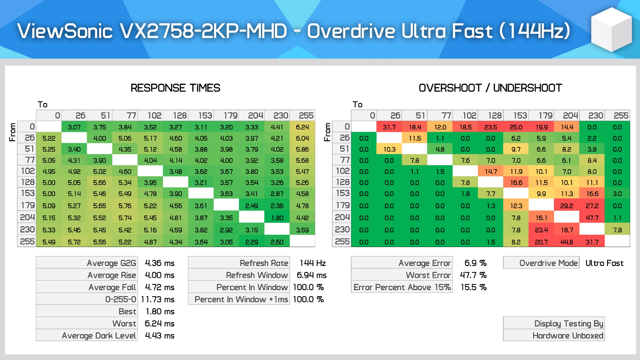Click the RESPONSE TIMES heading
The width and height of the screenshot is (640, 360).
click(x=175, y=88)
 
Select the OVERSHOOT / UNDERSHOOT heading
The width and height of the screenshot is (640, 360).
click(x=490, y=88)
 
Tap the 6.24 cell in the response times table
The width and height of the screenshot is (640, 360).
click(x=302, y=127)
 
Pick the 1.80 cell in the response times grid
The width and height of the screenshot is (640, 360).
click(x=277, y=218)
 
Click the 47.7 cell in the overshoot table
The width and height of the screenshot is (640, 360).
click(x=592, y=218)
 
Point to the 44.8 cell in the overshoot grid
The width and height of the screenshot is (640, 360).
click(x=566, y=242)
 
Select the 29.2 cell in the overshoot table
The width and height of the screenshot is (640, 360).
click(x=566, y=206)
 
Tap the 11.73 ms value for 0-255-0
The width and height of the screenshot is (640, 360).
click(x=159, y=300)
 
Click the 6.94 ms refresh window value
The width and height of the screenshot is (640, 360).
click(x=311, y=275)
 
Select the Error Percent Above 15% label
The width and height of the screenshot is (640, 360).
click(x=402, y=287)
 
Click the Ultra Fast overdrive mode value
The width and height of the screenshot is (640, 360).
click(x=604, y=263)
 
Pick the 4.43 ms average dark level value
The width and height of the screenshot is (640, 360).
click(x=160, y=335)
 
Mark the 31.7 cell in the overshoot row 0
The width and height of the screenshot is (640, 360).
click(x=389, y=127)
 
